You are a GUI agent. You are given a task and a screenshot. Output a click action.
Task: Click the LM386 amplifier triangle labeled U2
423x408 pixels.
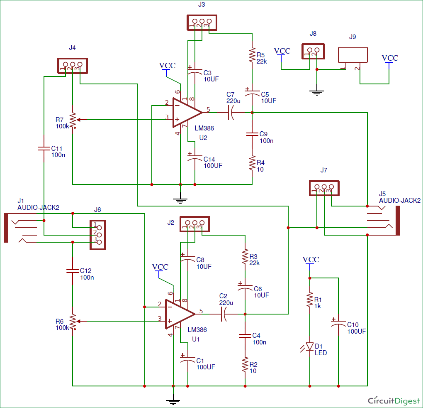click(186, 113)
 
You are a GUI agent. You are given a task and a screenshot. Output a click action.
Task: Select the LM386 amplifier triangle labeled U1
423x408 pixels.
click(179, 314)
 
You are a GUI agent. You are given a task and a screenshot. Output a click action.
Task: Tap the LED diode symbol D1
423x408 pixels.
click(309, 347)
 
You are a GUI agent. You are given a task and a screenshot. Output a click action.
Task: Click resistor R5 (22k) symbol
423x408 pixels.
click(252, 55)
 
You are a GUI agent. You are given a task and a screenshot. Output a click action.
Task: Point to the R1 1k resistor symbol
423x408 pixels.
click(310, 300)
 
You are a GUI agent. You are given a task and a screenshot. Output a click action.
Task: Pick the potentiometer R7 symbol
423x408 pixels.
click(73, 120)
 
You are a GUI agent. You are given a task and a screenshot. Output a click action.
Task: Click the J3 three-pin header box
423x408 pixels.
click(202, 22)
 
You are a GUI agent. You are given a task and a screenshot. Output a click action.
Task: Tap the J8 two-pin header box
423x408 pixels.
click(313, 52)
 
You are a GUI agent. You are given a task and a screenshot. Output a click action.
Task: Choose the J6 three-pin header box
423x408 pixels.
click(97, 235)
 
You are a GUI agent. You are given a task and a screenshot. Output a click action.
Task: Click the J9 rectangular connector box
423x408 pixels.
click(353, 55)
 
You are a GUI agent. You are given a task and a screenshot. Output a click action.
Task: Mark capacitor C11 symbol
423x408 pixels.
click(44, 148)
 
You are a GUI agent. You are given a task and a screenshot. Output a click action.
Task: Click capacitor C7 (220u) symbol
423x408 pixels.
click(231, 113)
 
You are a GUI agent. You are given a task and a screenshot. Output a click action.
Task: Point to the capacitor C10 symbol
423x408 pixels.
click(338, 322)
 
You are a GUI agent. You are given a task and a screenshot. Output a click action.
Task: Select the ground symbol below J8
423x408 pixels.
click(317, 92)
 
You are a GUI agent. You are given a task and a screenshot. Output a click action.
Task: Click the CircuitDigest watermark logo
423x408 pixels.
click(394, 401)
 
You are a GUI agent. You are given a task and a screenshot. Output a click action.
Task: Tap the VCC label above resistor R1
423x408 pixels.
click(311, 259)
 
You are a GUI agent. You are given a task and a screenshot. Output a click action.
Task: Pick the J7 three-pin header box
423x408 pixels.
click(324, 188)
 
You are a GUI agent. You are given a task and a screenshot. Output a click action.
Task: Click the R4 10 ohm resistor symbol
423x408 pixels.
click(252, 163)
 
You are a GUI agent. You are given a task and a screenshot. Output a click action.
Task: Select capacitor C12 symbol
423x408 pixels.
click(73, 271)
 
